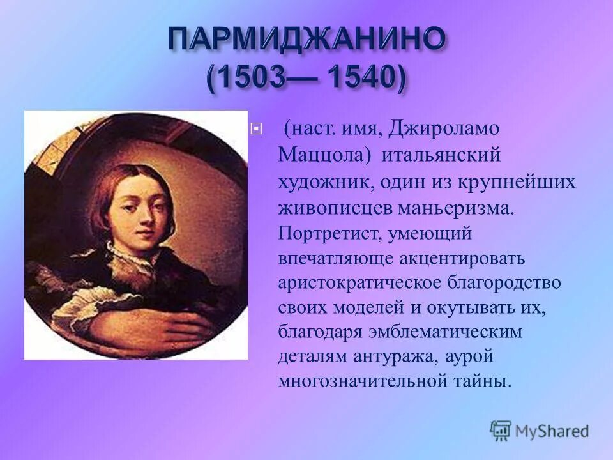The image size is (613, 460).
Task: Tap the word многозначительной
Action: tap(361, 381)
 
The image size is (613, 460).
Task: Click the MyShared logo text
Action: tap(552, 431)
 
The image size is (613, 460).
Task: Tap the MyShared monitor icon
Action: tap(501, 431)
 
